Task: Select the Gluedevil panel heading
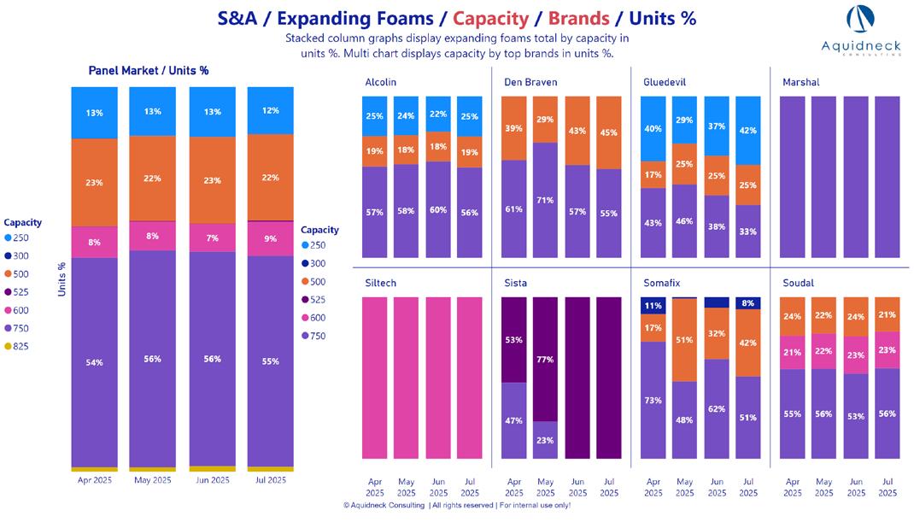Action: click(x=665, y=82)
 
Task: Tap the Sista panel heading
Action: click(x=515, y=283)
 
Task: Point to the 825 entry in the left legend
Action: click(x=21, y=346)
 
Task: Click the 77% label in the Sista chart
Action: click(x=546, y=360)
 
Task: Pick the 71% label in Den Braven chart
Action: click(x=546, y=200)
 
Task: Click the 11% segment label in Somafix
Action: click(x=653, y=306)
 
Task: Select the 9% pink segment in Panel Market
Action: click(x=270, y=238)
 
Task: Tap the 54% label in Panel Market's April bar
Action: click(x=94, y=362)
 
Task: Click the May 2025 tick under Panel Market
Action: click(x=153, y=480)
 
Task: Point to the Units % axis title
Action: click(x=62, y=279)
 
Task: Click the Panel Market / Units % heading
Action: click(x=149, y=70)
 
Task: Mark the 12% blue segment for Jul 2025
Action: click(x=270, y=111)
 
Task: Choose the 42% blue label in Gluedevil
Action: click(x=748, y=131)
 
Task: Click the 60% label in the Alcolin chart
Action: click(x=438, y=209)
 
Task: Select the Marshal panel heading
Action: click(x=800, y=82)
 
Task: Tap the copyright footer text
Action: click(x=457, y=506)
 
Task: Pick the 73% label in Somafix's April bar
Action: click(x=653, y=400)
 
